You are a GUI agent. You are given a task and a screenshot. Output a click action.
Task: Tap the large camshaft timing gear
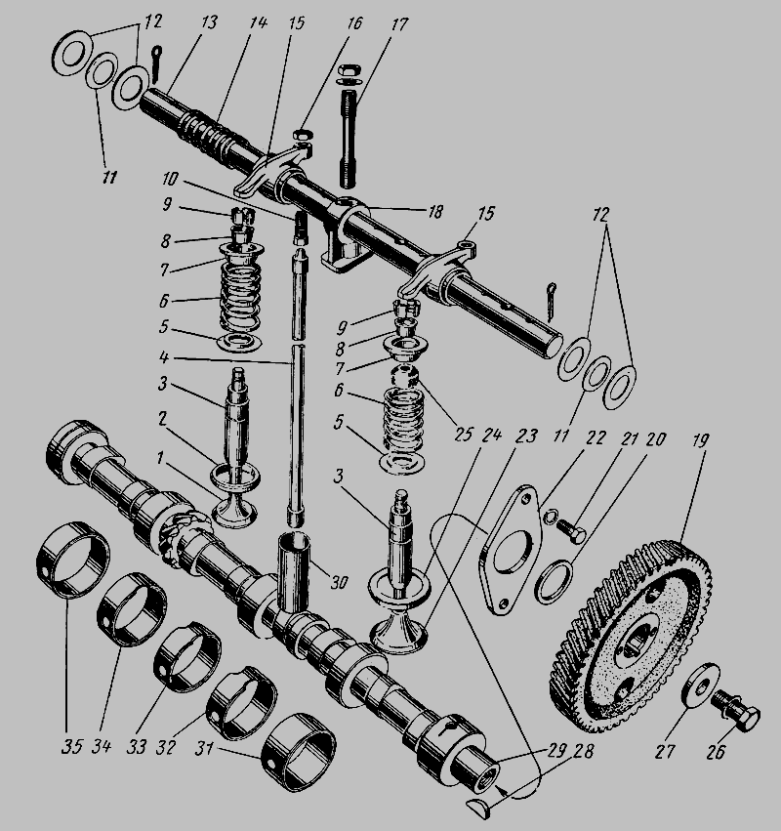pyautogui.click(x=631, y=636)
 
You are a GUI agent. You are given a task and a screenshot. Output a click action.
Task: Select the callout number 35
pyautogui.click(x=71, y=746)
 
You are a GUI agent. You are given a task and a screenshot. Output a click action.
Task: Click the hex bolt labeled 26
pyautogui.click(x=737, y=710)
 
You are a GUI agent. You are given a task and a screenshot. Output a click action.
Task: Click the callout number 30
pyautogui.click(x=339, y=582)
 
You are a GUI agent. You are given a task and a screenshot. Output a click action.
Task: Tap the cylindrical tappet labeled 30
pyautogui.click(x=294, y=572)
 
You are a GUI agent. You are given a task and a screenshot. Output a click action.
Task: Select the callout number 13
pyautogui.click(x=209, y=22)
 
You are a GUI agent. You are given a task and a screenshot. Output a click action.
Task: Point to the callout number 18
pyautogui.click(x=434, y=212)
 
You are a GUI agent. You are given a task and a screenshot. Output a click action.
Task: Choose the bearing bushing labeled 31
pyautogui.click(x=299, y=753)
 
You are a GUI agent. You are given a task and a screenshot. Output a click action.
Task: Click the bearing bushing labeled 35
pyautogui.click(x=73, y=561)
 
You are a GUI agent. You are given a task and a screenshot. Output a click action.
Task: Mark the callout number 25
pyautogui.click(x=462, y=434)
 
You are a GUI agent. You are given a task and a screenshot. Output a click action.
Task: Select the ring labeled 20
pyautogui.click(x=554, y=582)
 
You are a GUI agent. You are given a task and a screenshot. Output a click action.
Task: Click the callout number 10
pyautogui.click(x=170, y=179)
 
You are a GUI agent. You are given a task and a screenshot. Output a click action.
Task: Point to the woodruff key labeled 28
pyautogui.click(x=481, y=805)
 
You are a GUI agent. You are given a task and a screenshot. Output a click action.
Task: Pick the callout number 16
pyautogui.click(x=354, y=23)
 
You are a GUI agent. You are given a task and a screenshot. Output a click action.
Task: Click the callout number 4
pyautogui.click(x=164, y=357)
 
